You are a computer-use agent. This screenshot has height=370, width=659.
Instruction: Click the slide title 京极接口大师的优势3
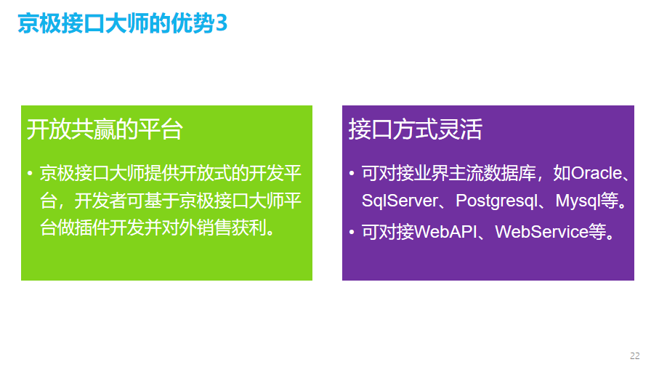coord(122,23)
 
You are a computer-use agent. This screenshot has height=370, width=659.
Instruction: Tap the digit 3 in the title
coord(222,23)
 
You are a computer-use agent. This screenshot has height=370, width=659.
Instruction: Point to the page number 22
coord(634,355)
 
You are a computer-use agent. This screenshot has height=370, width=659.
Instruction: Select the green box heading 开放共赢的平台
coord(105,129)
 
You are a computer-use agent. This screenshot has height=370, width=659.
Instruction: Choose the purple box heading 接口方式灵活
coord(416,129)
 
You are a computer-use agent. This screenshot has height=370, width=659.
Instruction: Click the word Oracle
coord(597,173)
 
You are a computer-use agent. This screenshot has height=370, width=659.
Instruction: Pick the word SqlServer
coord(400,201)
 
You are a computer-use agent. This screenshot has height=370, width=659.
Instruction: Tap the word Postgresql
coord(497,201)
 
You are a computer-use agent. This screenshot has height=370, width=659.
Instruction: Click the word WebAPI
coord(445,232)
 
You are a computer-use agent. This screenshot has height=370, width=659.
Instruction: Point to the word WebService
coord(542,232)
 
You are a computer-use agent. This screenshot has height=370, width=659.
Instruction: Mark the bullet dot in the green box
coord(30,173)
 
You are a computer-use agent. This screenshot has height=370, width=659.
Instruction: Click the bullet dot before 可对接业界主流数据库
coord(352,173)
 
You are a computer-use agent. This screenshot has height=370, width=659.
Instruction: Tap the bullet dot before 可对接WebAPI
coord(352,232)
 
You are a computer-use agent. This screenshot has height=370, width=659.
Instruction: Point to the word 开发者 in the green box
coord(100,201)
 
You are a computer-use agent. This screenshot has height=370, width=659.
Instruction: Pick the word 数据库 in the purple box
coord(510,173)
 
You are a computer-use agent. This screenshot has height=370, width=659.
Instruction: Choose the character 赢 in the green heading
coord(105,129)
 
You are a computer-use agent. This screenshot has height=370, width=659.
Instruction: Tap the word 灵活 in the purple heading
coord(460,129)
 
